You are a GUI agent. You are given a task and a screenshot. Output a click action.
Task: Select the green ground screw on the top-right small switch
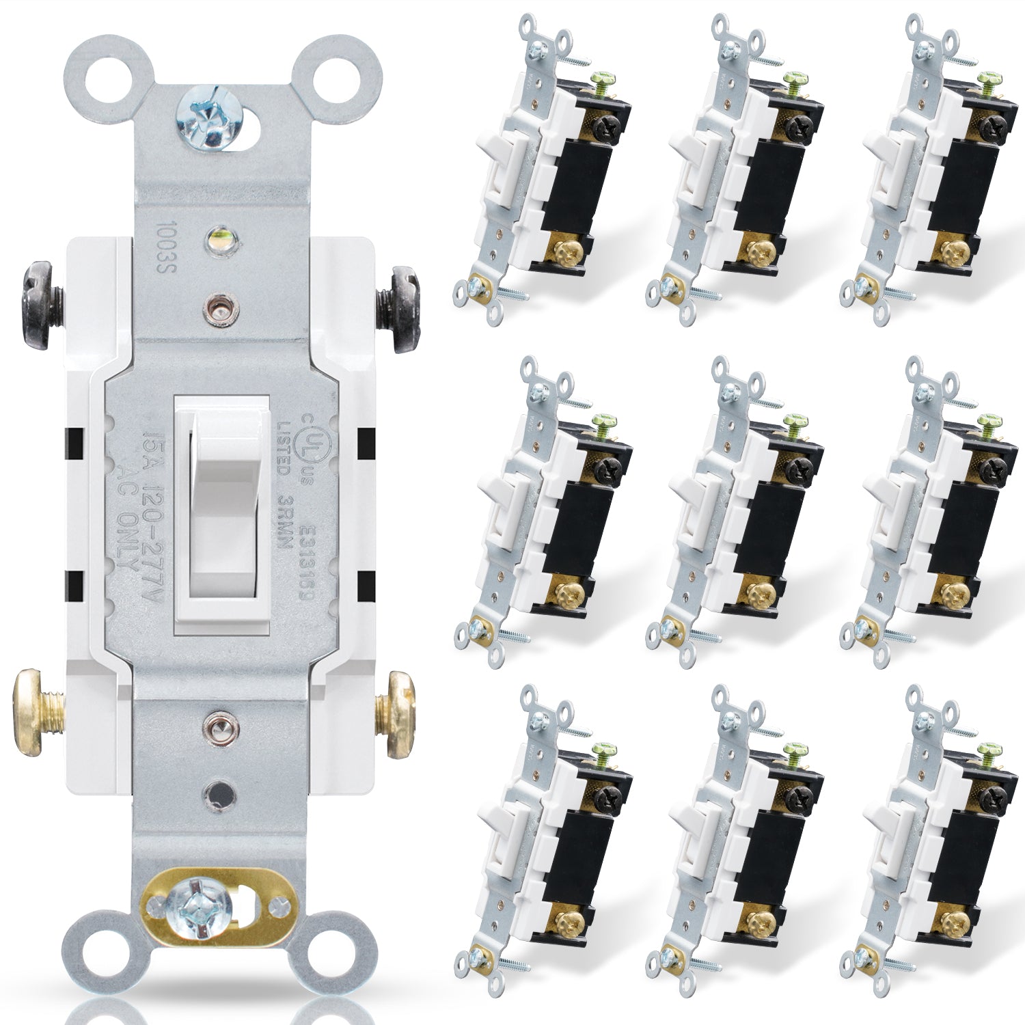[988, 86]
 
